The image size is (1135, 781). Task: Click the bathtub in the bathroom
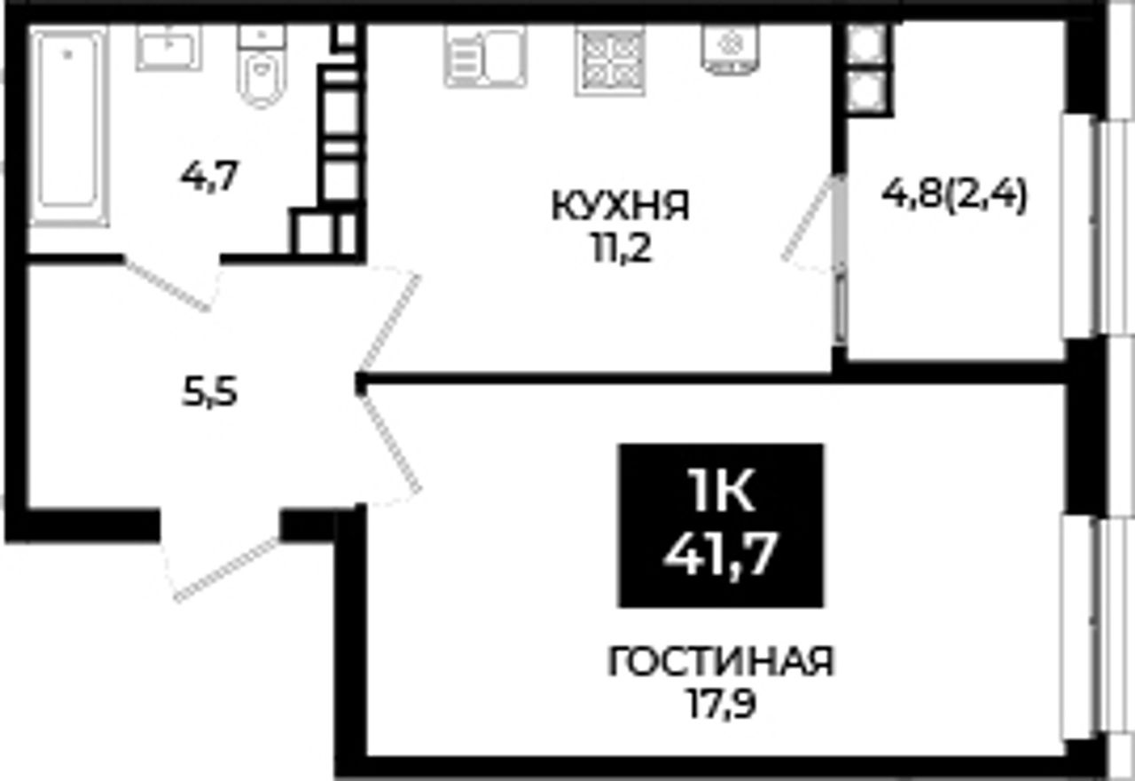pyautogui.click(x=68, y=127)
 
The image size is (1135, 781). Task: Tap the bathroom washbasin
pyautogui.click(x=168, y=48)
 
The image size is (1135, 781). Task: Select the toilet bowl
pyautogui.click(x=262, y=66)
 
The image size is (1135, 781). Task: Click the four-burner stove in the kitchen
pyautogui.click(x=609, y=61)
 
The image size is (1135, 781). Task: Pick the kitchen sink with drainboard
pyautogui.click(x=485, y=57)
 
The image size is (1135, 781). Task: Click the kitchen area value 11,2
pyautogui.click(x=622, y=249)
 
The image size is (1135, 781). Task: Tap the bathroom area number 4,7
pyautogui.click(x=209, y=176)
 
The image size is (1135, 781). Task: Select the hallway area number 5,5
pyautogui.click(x=209, y=393)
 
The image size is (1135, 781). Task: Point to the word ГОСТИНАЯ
pyautogui.click(x=721, y=662)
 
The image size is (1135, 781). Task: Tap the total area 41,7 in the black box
pyautogui.click(x=721, y=555)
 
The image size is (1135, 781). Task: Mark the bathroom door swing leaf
pyautogui.click(x=166, y=285)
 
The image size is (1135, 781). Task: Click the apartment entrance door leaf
pyautogui.click(x=226, y=570)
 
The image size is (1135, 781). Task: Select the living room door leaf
pyautogui.click(x=389, y=444)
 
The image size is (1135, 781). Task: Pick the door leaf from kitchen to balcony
pyautogui.click(x=810, y=217)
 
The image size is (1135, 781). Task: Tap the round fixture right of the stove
pyautogui.click(x=730, y=49)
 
